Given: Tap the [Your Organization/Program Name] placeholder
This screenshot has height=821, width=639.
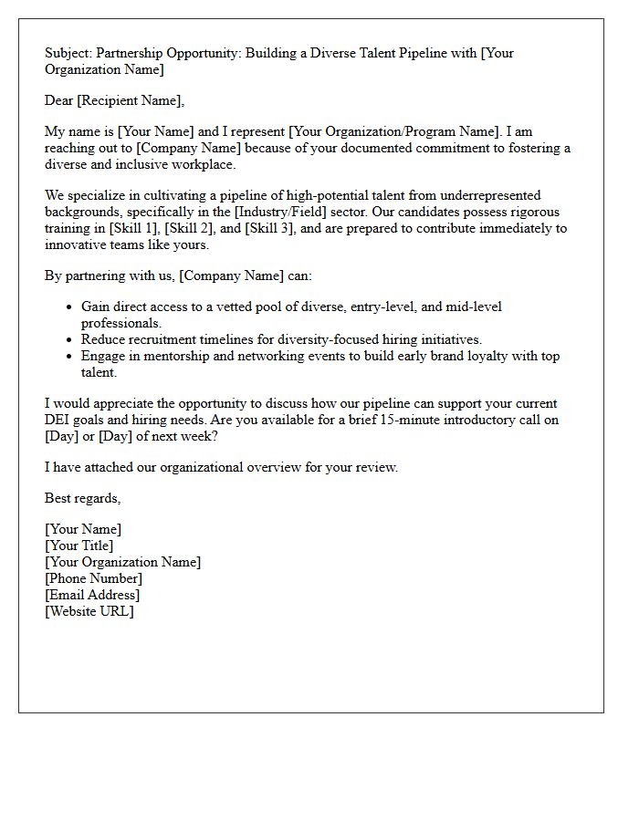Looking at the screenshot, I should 386,131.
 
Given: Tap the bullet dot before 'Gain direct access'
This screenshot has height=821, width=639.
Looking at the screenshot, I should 69,307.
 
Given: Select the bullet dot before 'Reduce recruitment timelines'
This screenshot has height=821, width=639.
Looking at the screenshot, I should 69,340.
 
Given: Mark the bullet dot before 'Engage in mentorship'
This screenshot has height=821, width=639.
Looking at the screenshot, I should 69,357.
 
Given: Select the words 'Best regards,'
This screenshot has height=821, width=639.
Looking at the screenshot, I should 83,498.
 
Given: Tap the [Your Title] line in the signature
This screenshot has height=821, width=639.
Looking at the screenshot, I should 79,546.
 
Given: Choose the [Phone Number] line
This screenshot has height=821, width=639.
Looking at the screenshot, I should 94,578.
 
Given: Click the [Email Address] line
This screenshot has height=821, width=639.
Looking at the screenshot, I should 92,595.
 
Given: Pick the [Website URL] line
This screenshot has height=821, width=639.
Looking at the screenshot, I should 89,611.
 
